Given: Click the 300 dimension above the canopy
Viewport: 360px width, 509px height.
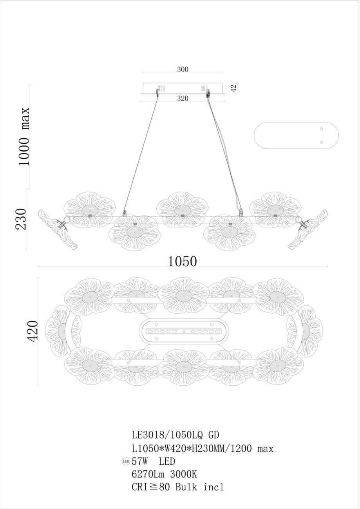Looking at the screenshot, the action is coord(183,69).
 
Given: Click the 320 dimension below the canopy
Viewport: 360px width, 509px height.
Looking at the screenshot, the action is coord(183,98).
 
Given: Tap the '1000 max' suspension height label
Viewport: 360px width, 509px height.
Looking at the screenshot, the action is coord(24,136).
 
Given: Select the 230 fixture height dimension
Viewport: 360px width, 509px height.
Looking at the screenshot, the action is coord(21,219).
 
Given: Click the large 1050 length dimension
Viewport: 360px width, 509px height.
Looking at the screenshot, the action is coord(182,261).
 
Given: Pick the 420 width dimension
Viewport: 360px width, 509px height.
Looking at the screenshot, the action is coord(32,331).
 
